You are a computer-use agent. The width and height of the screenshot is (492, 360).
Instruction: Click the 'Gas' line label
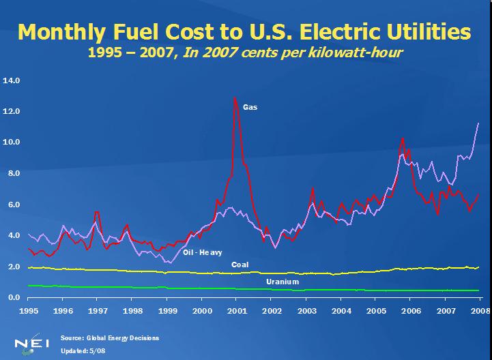coord(250,107)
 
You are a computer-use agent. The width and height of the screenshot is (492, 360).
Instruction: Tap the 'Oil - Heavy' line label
coord(203,252)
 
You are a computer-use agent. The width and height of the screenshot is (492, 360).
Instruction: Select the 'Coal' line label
coord(240,265)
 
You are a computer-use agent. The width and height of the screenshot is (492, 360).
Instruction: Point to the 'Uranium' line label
coord(282,281)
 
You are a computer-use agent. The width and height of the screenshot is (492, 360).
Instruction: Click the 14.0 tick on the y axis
coord(13,80)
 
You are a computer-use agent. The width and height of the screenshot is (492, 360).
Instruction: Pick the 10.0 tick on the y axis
coord(13,142)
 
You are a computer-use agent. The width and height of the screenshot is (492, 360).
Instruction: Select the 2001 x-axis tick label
coord(236,310)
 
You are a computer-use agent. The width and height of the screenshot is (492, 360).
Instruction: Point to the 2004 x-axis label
coord(341,310)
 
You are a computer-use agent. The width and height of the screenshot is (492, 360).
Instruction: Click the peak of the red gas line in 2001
coord(235,97)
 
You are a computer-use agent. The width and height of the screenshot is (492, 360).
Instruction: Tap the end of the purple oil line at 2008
coord(478,123)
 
